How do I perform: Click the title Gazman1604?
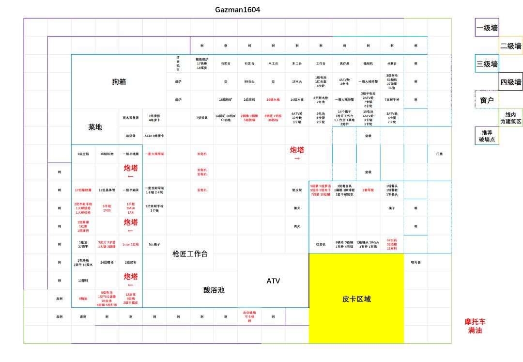[x=237, y=10]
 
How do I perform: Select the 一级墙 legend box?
[x=487, y=28]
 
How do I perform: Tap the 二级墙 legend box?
[x=510, y=46]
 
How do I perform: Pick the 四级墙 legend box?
[x=510, y=82]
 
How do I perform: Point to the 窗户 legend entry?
[x=487, y=100]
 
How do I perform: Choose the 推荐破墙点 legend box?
[x=487, y=136]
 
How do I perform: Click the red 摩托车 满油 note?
[x=475, y=326]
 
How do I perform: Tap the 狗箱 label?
[x=119, y=82]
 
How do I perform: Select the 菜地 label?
[x=95, y=127]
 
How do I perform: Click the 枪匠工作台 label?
[x=190, y=253]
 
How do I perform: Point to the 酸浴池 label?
[x=214, y=290]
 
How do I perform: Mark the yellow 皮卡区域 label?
[x=356, y=299]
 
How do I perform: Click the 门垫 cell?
[x=439, y=154]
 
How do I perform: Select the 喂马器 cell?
[x=415, y=262]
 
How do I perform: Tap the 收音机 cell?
[x=321, y=244]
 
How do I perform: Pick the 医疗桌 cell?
[x=344, y=63]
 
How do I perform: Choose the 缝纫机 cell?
[x=368, y=63]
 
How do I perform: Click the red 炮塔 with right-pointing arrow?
[x=297, y=154]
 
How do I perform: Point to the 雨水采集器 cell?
[x=131, y=118]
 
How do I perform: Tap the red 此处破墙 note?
[x=249, y=316]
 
